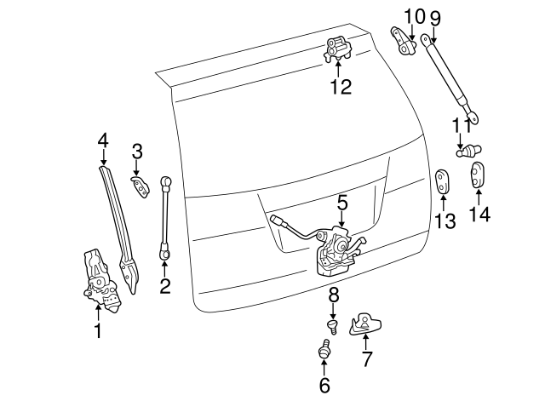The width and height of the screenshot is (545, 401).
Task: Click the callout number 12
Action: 340,87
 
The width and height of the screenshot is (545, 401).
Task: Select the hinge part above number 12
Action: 336,52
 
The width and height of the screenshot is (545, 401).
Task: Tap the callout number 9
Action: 435,17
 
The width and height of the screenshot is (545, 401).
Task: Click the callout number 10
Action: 413,16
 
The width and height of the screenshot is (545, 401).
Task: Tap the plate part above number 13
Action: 443,180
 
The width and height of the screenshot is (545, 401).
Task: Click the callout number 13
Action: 445,221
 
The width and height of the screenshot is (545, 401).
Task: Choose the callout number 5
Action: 341,203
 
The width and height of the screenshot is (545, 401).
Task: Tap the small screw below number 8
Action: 333,325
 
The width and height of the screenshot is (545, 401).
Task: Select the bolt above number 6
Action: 324,351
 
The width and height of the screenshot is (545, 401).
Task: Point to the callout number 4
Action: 103,140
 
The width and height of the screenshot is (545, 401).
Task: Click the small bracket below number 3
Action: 136,185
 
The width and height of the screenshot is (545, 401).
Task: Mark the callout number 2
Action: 164,286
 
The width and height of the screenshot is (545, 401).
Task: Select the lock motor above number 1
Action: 98,278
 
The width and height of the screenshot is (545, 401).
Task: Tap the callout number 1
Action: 98,330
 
